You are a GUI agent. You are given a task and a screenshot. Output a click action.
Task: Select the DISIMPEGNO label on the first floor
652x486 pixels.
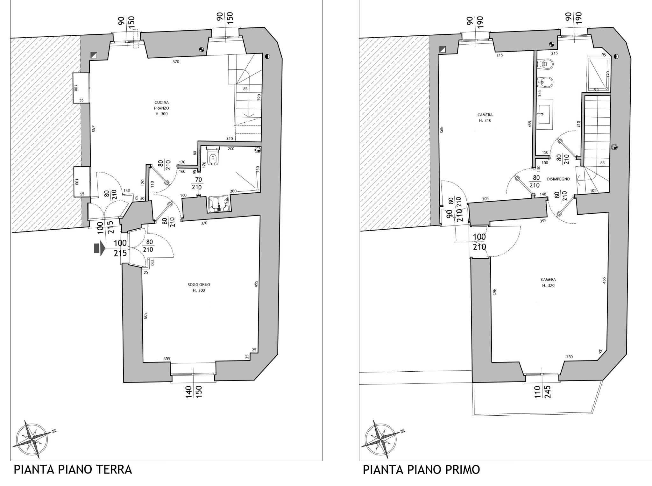click(x=558, y=179)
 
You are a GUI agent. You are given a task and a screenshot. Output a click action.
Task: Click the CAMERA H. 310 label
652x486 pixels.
click(x=485, y=118)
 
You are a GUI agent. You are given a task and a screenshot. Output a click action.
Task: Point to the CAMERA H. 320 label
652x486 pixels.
click(x=548, y=282)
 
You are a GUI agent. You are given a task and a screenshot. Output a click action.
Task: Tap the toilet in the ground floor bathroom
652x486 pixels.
click(x=213, y=156)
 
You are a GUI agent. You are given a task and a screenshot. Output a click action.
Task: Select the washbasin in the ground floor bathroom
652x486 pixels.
click(x=218, y=204)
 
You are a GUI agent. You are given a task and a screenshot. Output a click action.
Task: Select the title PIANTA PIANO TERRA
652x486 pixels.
click(x=73, y=470)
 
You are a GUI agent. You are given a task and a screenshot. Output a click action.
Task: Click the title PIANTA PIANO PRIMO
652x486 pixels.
click(x=422, y=470)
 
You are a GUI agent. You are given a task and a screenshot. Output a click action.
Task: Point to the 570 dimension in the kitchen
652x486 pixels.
click(x=176, y=62)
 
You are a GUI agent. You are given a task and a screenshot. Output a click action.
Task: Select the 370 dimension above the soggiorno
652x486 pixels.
click(x=204, y=223)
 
